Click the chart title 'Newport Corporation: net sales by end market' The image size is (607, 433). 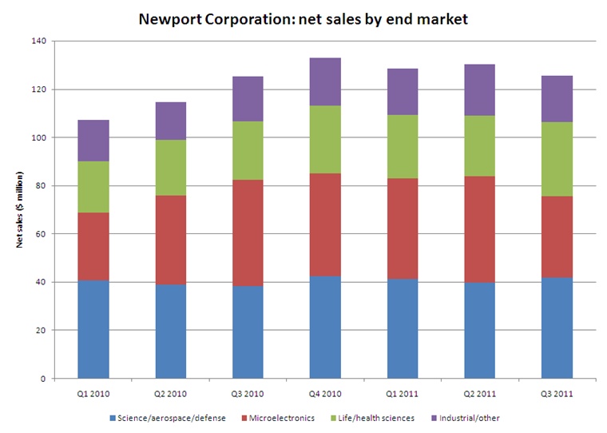click(303, 17)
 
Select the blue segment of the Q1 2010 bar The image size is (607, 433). click(93, 329)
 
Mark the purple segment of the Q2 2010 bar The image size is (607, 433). click(169, 121)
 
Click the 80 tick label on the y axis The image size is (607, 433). click(40, 186)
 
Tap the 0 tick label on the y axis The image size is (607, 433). click(42, 379)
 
